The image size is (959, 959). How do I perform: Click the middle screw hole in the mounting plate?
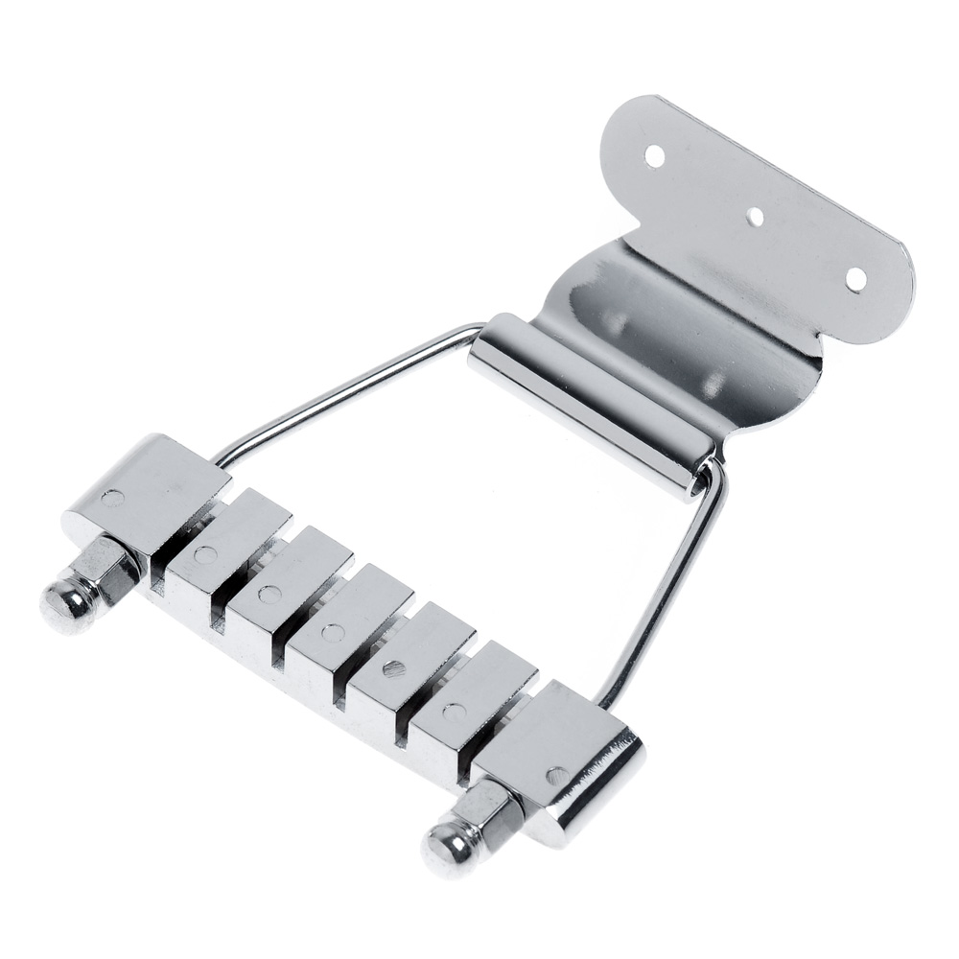click(x=756, y=216)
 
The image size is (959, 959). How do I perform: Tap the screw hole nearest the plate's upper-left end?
click(x=655, y=153)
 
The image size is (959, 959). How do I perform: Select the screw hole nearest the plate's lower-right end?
click(x=855, y=278)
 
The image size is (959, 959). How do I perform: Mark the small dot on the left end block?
click(x=112, y=499)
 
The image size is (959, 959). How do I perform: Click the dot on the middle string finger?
click(x=332, y=632)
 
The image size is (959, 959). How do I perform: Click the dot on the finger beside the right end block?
click(x=454, y=712)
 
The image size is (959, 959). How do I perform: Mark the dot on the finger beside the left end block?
click(x=203, y=554)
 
